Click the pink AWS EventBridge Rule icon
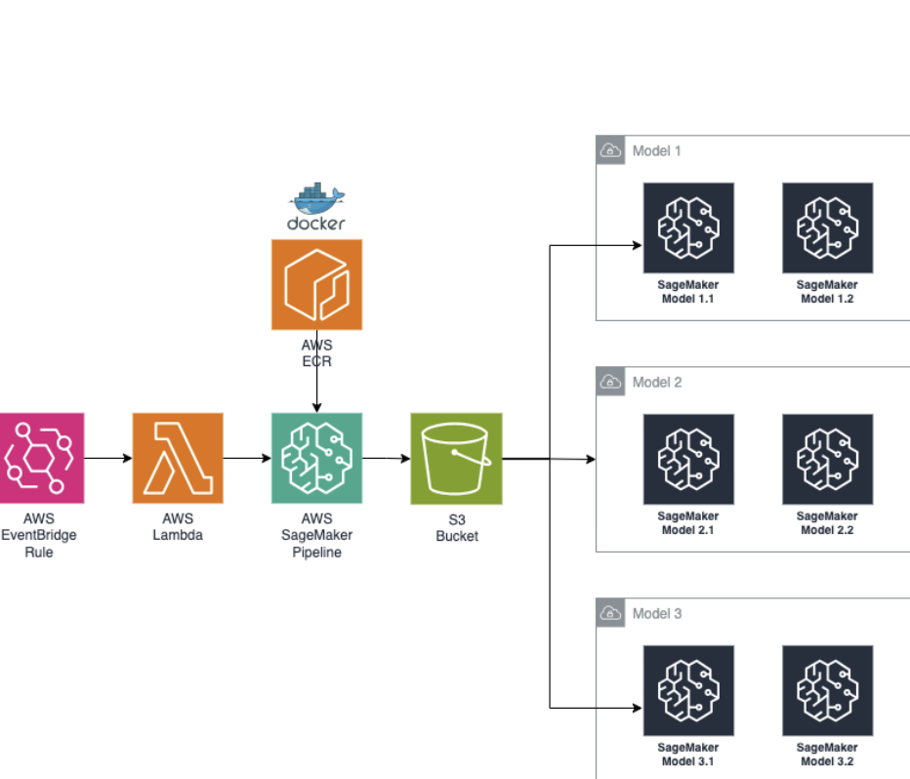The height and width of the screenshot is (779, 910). (x=40, y=458)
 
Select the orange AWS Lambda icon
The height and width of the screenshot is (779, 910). (x=178, y=458)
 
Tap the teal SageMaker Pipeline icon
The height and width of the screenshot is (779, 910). (x=316, y=458)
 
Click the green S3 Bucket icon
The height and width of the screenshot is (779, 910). (x=456, y=458)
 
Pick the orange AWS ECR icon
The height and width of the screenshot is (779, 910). (x=316, y=284)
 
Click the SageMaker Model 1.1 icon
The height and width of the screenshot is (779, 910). (x=688, y=227)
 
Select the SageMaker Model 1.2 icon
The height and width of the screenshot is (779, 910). (x=827, y=227)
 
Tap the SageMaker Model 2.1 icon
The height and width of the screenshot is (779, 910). (x=688, y=459)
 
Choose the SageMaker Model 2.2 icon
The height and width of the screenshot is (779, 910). (x=827, y=459)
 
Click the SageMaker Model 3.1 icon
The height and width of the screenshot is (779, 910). (x=688, y=690)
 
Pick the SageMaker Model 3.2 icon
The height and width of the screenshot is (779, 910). (x=827, y=690)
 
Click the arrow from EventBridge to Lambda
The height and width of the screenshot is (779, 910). (x=108, y=458)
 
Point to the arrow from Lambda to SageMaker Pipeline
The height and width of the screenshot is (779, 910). (x=247, y=458)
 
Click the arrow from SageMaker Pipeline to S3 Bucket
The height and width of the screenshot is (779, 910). (x=386, y=458)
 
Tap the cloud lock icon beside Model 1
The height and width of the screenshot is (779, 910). (x=610, y=150)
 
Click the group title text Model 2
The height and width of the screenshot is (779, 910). (x=657, y=382)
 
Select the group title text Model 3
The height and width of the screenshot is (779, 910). (x=657, y=613)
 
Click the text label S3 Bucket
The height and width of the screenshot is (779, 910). (x=456, y=527)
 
